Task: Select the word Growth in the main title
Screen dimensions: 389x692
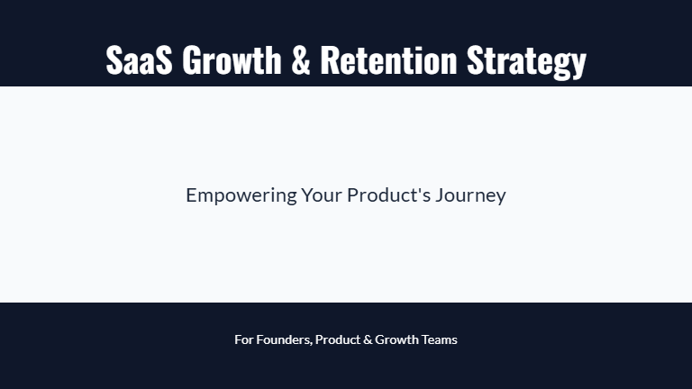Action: tap(232, 60)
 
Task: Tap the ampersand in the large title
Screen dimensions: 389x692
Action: tap(300, 60)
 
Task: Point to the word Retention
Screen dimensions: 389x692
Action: tap(388, 60)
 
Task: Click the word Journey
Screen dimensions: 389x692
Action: tap(470, 195)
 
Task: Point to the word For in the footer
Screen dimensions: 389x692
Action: tap(243, 339)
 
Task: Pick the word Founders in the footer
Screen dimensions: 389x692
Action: tap(283, 339)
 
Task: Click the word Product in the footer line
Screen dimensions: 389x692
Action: tap(337, 339)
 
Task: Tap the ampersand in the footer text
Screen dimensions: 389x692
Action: tap(367, 339)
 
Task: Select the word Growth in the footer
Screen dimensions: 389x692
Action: tap(396, 339)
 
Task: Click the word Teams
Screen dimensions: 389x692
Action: tap(440, 339)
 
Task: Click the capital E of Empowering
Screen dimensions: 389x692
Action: tap(191, 194)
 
